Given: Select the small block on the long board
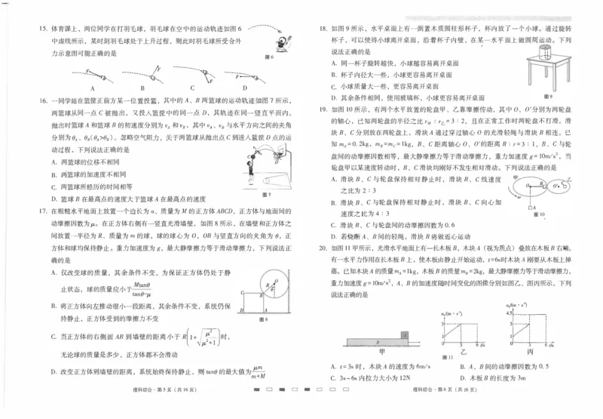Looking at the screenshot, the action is pos(405,334).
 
